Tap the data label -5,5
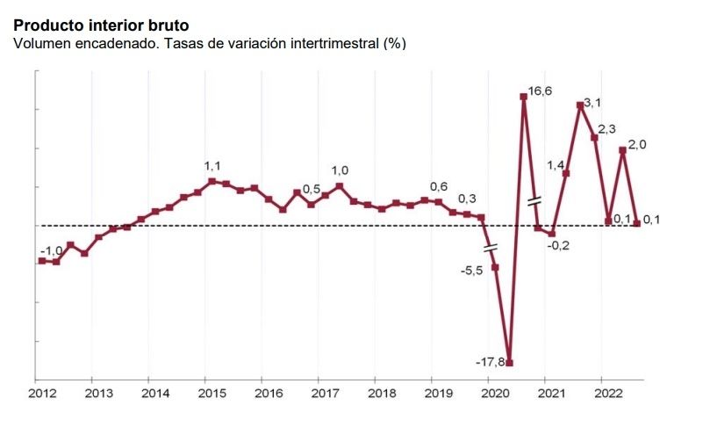(472, 271)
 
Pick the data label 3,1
(592, 104)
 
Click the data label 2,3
(606, 129)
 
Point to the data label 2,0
(637, 146)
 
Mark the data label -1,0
(51, 251)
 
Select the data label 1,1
(212, 166)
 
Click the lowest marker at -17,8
(509, 363)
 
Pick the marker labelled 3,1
(580, 105)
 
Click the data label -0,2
(558, 245)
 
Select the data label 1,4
(556, 165)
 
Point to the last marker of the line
(636, 223)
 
